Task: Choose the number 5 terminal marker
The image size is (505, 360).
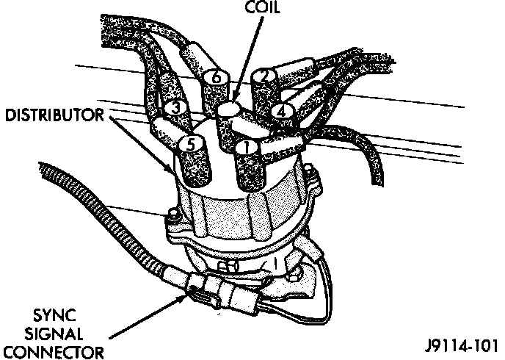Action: pos(190,145)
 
